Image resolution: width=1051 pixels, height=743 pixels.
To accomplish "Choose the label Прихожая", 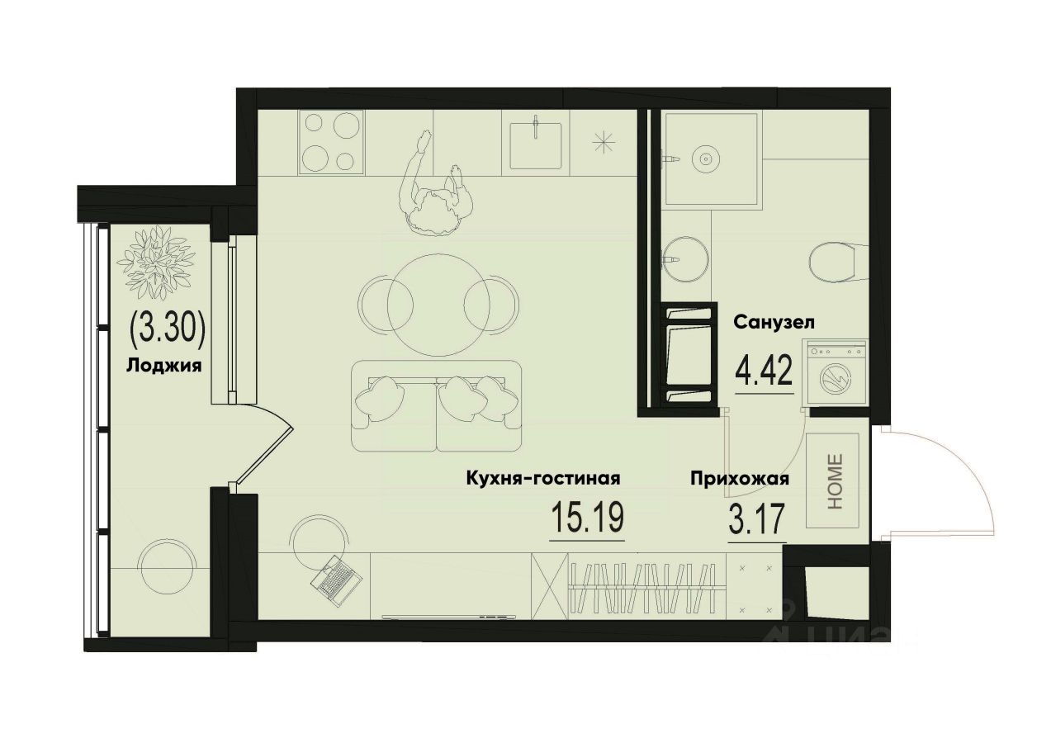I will tap(741, 479).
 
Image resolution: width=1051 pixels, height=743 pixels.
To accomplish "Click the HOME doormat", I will tap(834, 481).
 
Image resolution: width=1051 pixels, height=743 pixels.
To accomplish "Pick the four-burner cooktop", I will tap(331, 143).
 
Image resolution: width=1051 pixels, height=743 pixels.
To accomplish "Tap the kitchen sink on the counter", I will tap(536, 145).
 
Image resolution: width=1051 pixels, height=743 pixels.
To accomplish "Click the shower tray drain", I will tap(706, 157).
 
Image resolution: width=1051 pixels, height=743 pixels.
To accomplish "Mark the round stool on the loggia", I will tap(168, 567).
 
